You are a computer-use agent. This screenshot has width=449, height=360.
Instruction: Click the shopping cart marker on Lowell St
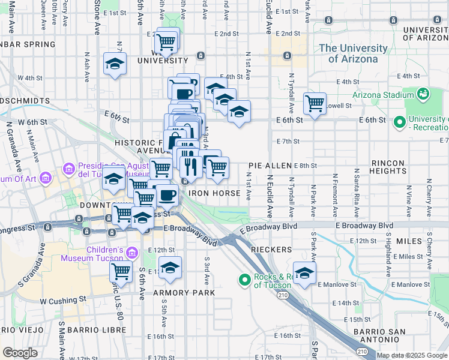[315, 104]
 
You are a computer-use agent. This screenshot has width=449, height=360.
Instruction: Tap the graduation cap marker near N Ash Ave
[114, 64]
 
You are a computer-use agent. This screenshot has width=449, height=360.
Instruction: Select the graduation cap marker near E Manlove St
[304, 272]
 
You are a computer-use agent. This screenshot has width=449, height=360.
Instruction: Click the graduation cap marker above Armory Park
[170, 267]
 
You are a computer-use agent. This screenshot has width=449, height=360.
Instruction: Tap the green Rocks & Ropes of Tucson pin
[244, 280]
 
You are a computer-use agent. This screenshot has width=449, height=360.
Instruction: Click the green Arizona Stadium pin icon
[423, 94]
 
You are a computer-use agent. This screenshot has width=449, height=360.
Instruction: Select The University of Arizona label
[353, 53]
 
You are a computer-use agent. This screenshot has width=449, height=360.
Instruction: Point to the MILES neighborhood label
[409, 241]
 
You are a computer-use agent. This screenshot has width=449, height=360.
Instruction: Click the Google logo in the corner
[20, 352]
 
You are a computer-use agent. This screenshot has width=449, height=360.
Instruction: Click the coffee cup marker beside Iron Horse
[167, 196]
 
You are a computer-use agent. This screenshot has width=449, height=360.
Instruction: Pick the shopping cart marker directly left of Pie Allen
[217, 168]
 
